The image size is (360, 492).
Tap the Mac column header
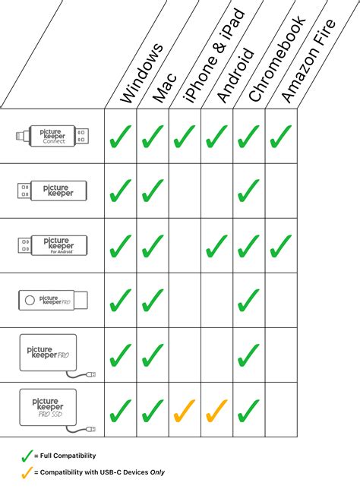click(x=166, y=87)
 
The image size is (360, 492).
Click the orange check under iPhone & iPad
click(x=185, y=410)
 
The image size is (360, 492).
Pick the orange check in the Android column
click(x=216, y=410)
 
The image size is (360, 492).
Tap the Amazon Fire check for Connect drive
click(x=281, y=136)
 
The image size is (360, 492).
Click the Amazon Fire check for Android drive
click(x=281, y=245)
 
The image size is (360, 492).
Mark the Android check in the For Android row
click(x=216, y=245)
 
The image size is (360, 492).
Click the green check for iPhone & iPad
click(x=185, y=136)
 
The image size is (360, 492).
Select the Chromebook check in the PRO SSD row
click(x=248, y=410)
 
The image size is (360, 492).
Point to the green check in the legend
click(x=28, y=456)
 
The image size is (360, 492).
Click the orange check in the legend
click(x=28, y=471)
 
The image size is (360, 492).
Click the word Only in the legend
click(x=156, y=472)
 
